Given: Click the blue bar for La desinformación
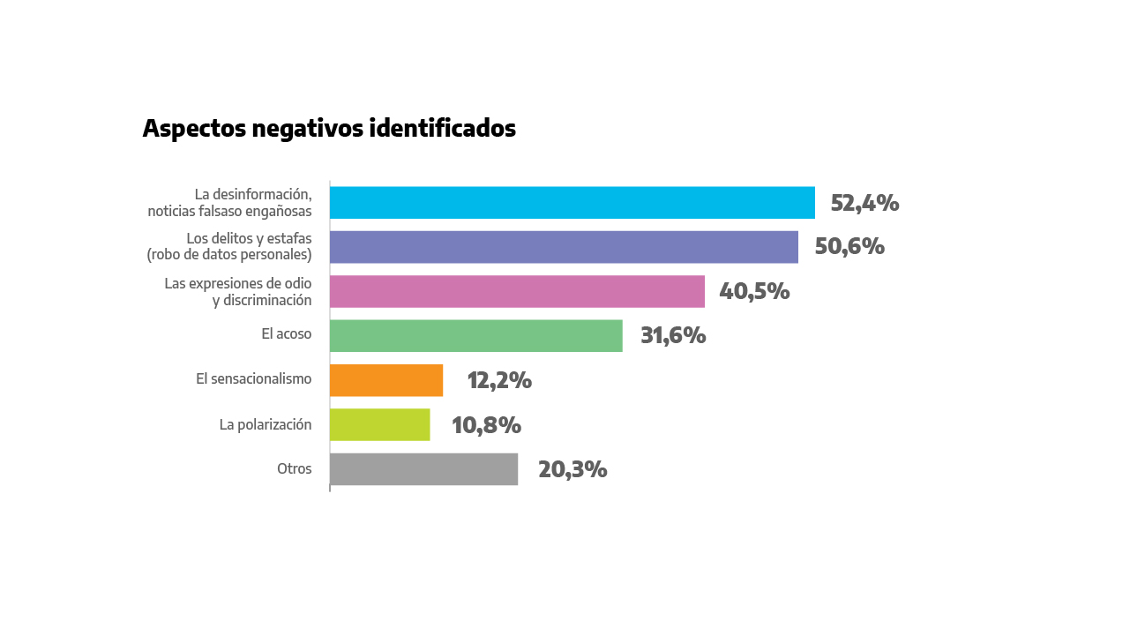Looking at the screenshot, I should point(572,202).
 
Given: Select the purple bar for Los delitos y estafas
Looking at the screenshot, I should point(564,247).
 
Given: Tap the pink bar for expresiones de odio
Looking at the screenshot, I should point(517,291).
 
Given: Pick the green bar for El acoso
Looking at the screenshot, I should point(475,336).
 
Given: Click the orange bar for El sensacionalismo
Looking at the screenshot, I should point(385,380).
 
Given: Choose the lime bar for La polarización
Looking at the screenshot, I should point(379,424).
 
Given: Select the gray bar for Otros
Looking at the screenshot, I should point(423,469).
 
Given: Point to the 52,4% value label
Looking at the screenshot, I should point(864,203).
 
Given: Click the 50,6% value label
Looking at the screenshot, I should point(849,246).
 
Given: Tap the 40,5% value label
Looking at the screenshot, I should point(754,291).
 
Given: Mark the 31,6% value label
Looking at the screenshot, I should point(673,336).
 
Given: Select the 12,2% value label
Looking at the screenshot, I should point(499,380).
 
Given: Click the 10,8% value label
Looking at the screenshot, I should point(486,425).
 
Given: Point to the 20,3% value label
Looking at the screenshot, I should point(572,469).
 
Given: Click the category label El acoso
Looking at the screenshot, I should point(287,334).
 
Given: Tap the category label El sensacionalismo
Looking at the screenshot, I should point(254,378).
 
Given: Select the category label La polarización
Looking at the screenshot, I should point(266,424).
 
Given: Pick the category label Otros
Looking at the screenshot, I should point(295,468).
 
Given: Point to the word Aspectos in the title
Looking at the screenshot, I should point(194,129).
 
